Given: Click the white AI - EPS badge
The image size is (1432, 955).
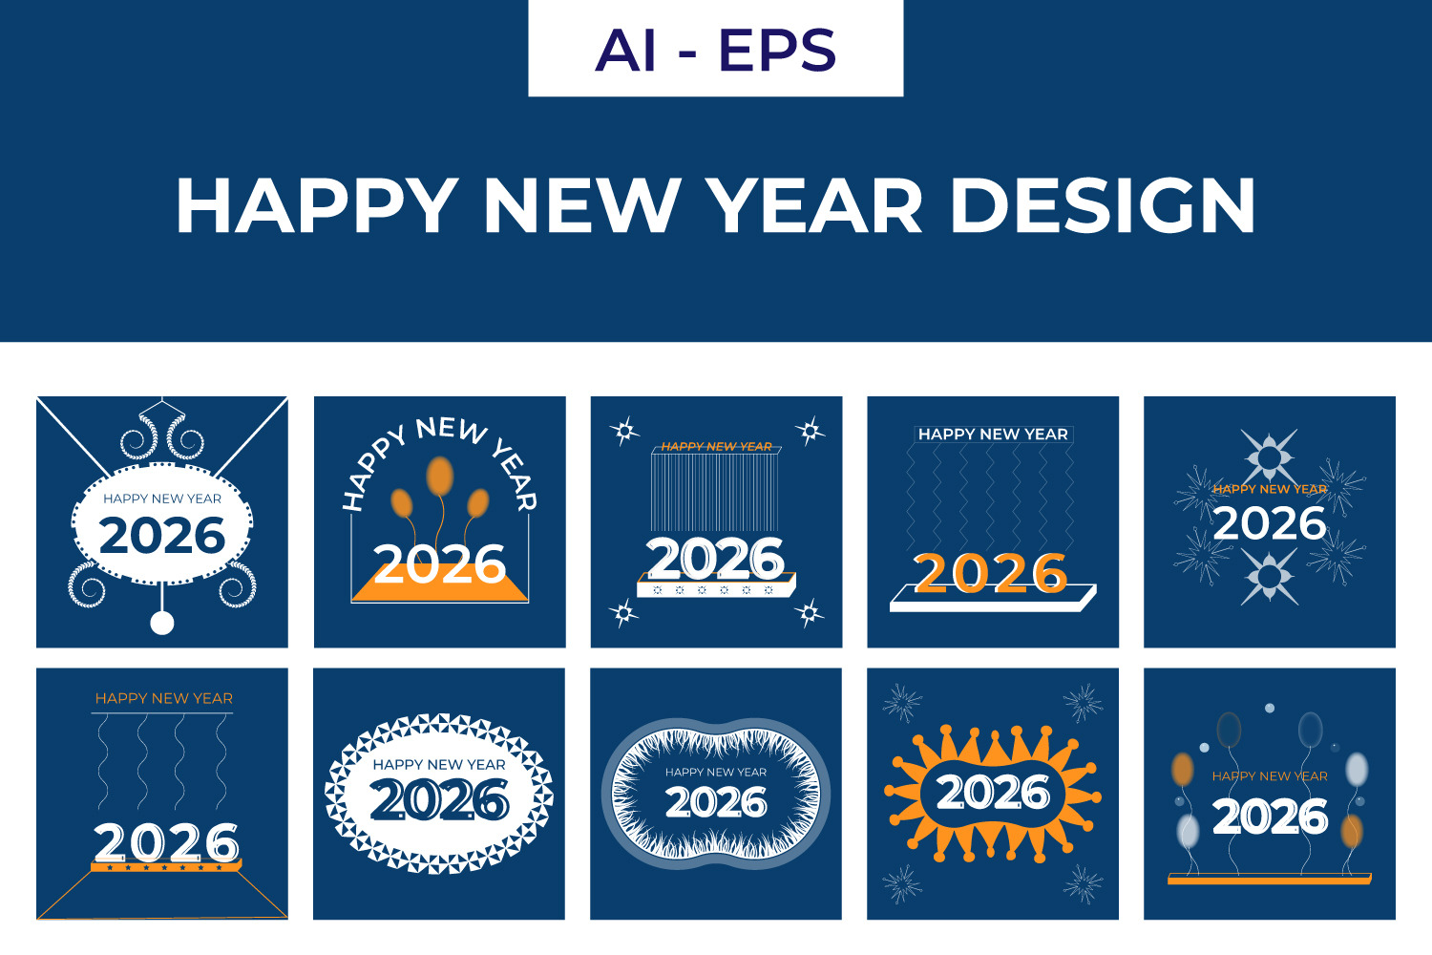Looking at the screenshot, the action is coord(715,48).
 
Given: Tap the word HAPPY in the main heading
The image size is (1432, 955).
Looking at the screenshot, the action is coord(317,204).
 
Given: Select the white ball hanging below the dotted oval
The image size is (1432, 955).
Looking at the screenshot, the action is coord(161,623).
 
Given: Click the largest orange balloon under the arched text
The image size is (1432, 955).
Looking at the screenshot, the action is coord(440,476).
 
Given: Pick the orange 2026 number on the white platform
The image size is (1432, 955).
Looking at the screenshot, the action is coord(990,572).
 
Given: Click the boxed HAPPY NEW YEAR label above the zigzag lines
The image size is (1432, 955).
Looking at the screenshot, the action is coord(993,435).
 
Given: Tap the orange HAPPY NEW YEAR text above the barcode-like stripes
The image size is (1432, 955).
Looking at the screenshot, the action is coord(716,447).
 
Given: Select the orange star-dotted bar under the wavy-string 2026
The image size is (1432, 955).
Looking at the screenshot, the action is coord(166,866).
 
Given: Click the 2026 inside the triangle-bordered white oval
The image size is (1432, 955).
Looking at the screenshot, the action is coord(439,799).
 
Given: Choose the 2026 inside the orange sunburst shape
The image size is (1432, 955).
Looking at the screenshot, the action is coord(993,793).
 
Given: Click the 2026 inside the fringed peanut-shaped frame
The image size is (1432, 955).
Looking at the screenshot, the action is coord(716,801).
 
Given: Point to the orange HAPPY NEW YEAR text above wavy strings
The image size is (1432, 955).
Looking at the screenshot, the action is coord(163,698).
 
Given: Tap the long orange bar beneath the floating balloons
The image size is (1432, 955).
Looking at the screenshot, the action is coord(1270,880).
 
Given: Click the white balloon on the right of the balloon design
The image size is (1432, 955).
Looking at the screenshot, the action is coord(1357,769).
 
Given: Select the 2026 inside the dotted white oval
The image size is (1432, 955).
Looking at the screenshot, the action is coord(161,536).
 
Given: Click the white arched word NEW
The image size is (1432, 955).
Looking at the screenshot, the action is coord(453,430).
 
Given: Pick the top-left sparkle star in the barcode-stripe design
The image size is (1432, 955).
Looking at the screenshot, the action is coord(624,431).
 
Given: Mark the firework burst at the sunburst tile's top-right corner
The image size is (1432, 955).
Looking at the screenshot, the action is coord(1083,703).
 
